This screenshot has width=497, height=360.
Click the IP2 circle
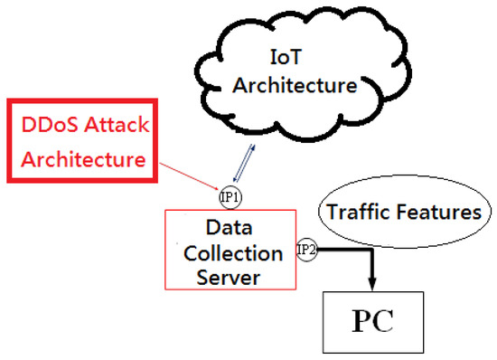[305, 249]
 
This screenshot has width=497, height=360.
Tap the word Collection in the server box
[229, 250]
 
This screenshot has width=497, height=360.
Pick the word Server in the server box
[229, 276]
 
